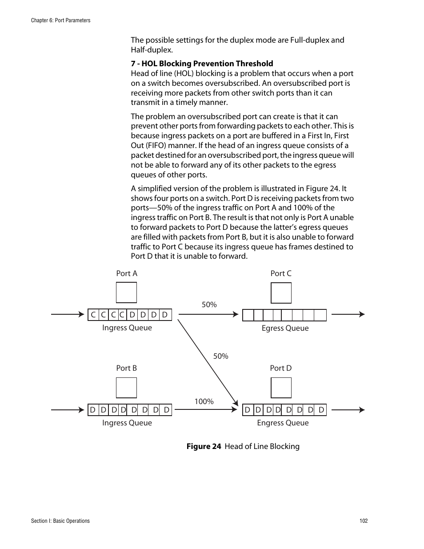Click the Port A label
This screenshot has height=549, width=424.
point(127,273)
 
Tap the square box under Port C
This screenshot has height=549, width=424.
point(281,293)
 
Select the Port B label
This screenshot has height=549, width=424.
point(126,368)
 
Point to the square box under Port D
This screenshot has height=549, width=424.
point(281,388)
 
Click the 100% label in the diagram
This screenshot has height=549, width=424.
point(204,401)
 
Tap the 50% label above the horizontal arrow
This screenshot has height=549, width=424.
point(209,305)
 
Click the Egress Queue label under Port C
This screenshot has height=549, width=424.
point(285,328)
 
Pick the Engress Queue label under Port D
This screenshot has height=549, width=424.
point(283,423)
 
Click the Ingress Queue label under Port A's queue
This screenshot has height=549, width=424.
point(127,328)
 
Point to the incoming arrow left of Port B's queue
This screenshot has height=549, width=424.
point(68,410)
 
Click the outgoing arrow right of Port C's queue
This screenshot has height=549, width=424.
point(348,314)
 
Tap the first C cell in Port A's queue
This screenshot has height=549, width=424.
point(93,315)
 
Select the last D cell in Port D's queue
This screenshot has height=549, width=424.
point(321,410)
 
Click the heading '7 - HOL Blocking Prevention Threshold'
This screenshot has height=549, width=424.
point(202,64)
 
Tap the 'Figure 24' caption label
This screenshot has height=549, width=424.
point(204,446)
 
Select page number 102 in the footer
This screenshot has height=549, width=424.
point(364,521)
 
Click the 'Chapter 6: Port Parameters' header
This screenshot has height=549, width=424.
point(60,20)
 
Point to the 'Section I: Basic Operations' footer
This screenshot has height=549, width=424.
point(60,521)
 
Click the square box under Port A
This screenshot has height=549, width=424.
point(126,293)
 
